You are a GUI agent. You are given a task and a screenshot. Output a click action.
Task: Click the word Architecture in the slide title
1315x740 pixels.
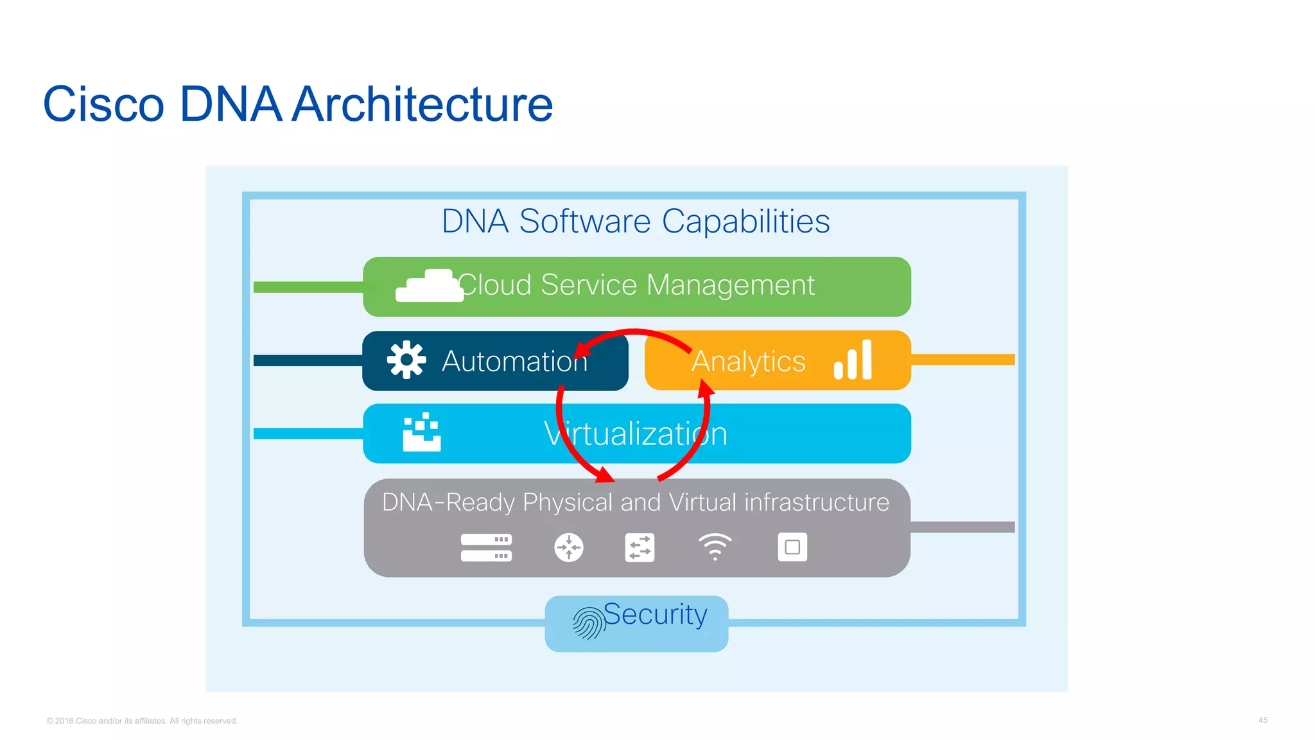coord(422,104)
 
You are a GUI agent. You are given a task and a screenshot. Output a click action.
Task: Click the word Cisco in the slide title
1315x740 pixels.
coord(103,104)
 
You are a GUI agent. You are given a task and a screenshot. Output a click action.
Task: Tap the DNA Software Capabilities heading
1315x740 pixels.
coord(636,222)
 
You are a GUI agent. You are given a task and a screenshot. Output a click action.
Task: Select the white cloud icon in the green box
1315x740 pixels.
coord(429,286)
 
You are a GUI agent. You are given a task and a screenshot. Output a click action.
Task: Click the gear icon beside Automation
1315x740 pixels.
coord(406,360)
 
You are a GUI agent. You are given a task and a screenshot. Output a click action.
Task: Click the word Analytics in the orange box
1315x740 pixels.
coord(749,361)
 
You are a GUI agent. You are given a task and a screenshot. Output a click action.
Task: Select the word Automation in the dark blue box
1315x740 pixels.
coord(514,361)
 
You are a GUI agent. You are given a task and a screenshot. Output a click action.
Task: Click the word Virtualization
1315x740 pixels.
coord(636,434)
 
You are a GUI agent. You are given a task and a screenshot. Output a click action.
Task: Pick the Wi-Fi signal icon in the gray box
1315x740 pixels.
coord(715,547)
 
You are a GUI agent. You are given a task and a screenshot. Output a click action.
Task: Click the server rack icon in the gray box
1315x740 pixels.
coord(486,547)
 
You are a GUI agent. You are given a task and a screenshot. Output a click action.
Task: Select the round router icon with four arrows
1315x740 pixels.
coord(569,547)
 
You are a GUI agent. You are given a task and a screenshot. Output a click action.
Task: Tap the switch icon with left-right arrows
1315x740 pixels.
coord(640,547)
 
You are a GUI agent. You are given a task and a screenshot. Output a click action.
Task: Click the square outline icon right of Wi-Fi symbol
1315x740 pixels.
coord(792,547)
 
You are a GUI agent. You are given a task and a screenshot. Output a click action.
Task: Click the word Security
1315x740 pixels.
coord(655,615)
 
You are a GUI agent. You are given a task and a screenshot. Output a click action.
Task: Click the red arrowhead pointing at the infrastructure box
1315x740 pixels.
coord(604,475)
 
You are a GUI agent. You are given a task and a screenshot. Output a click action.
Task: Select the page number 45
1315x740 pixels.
coord(1262,720)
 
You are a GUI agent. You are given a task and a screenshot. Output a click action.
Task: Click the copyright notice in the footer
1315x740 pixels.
coord(142,721)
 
